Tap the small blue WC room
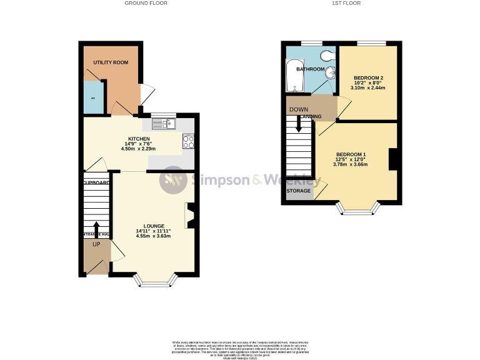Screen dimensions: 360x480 (x=93, y=99)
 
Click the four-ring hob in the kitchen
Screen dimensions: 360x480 (x=188, y=141)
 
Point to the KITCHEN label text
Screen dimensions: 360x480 (x=139, y=139)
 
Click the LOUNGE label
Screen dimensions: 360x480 (x=153, y=226)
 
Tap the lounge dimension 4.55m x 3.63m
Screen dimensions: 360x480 (x=153, y=237)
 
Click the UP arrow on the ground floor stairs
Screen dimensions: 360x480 (x=96, y=227)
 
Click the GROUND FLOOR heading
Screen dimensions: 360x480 (x=146, y=4)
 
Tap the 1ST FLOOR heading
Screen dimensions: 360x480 (x=346, y=4)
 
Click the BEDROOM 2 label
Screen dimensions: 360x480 (x=368, y=77)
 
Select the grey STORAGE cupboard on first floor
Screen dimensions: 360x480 (x=299, y=191)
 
